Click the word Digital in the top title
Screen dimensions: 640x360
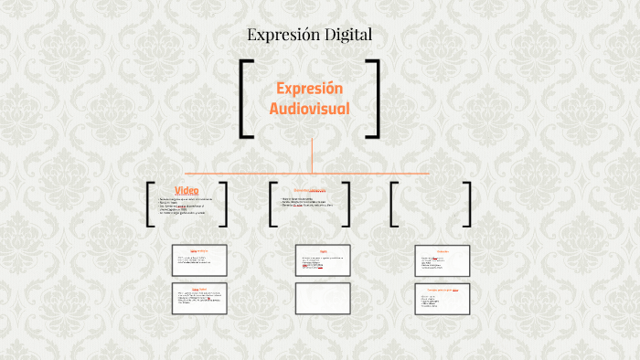coord(347,36)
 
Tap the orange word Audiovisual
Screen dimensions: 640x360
coord(310,109)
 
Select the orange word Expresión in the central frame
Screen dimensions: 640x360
coord(310,89)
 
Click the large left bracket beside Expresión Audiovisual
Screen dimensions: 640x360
coord(245,99)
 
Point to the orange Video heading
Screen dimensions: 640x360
coord(187,190)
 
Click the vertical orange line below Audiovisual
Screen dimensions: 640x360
coord(312,154)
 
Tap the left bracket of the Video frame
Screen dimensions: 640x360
coord(149,204)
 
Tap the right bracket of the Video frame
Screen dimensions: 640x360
coord(228,204)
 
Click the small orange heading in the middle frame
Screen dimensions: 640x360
coord(309,190)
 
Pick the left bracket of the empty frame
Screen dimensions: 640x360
coord(392,204)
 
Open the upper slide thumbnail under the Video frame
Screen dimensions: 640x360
coord(199,260)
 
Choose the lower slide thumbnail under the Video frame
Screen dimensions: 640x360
coord(199,298)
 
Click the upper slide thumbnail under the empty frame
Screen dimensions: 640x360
coord(443,260)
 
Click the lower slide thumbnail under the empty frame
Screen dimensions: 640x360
coord(443,298)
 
